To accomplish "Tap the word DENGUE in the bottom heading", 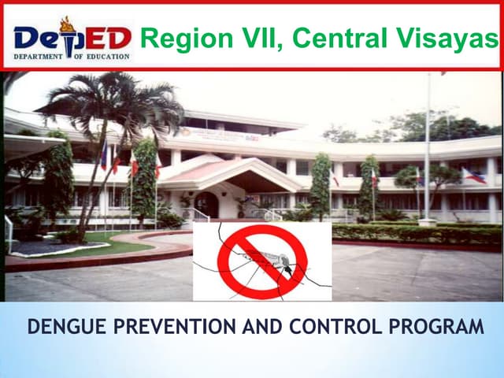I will tap(64, 325).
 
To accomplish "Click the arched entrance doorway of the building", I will tap(207, 204).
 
